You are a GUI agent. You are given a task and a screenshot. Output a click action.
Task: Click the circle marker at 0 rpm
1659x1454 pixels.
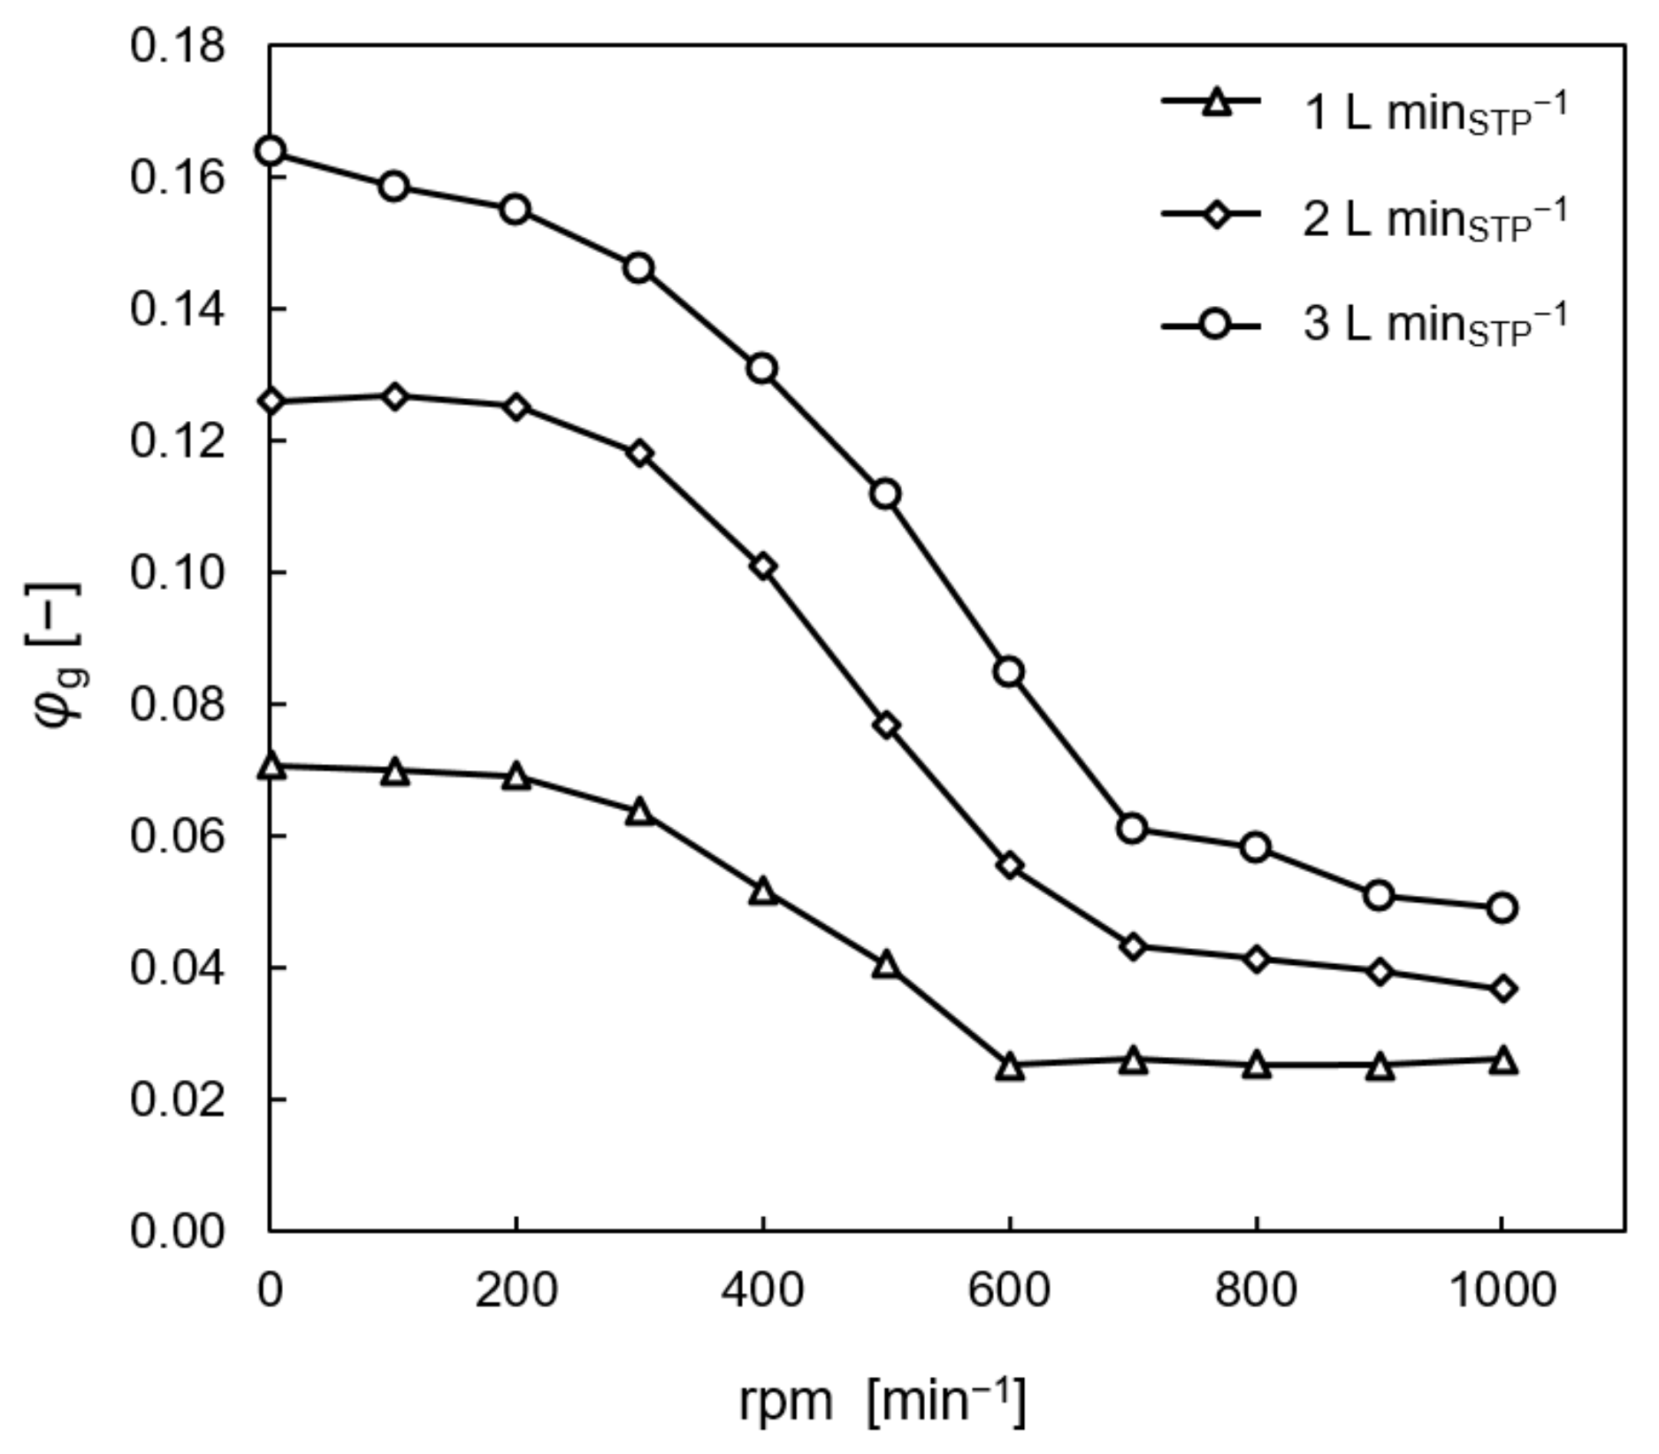[271, 151]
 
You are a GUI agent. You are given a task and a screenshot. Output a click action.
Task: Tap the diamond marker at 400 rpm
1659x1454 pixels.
[763, 567]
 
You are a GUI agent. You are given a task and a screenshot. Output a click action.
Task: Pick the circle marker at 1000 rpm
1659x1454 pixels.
[1502, 907]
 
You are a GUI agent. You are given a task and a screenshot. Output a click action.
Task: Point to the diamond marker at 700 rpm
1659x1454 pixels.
[1133, 947]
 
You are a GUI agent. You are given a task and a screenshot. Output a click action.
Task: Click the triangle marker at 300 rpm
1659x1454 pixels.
[640, 813]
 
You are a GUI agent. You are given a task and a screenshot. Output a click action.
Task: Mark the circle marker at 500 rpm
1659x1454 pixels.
[886, 494]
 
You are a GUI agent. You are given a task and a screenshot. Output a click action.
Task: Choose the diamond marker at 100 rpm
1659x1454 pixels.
[394, 397]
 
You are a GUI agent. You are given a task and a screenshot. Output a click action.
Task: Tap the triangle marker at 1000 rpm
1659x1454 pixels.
[1502, 1060]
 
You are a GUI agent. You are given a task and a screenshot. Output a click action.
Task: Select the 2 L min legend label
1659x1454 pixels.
[1433, 218]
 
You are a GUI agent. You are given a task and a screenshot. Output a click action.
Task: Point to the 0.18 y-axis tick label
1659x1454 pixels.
[177, 46]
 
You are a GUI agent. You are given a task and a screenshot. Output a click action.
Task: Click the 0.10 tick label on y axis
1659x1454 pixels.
[177, 573]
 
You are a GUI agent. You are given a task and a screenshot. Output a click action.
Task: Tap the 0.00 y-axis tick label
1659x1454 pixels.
[177, 1231]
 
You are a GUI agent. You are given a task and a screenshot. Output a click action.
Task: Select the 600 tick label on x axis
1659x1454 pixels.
[1009, 1291]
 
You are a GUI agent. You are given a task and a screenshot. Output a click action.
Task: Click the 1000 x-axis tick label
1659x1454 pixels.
[1502, 1291]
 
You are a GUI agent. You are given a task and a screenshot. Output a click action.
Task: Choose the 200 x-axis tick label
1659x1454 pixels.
[516, 1291]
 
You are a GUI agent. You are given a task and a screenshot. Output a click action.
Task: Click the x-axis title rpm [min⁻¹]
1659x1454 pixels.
[882, 1401]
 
